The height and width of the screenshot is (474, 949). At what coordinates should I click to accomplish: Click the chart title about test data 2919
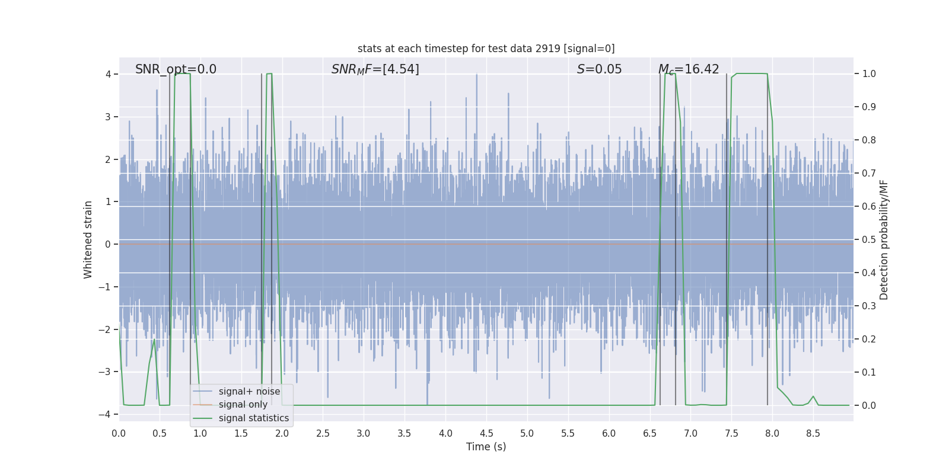(x=486, y=49)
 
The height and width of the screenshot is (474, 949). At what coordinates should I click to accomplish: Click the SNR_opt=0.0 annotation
(x=176, y=69)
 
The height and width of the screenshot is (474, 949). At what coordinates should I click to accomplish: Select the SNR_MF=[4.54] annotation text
(x=375, y=69)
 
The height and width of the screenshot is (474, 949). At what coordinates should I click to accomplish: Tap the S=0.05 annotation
(x=599, y=69)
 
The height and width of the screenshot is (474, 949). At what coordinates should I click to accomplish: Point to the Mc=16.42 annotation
(x=688, y=69)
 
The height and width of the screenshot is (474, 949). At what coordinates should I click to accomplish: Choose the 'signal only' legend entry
(x=243, y=405)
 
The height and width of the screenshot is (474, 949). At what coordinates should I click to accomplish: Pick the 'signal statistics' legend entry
(x=253, y=418)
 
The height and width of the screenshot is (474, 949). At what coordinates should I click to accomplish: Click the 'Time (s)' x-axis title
(x=486, y=447)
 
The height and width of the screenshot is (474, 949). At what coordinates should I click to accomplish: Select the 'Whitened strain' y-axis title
(x=88, y=240)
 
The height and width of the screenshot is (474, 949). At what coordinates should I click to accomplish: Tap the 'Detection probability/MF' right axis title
(x=884, y=240)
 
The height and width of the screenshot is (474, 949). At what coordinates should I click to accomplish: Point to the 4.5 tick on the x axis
(x=486, y=433)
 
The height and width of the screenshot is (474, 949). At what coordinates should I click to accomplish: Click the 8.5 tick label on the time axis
(x=813, y=433)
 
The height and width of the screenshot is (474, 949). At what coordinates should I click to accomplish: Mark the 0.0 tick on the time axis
(x=119, y=433)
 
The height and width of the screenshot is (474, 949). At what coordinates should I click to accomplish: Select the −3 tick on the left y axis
(x=107, y=372)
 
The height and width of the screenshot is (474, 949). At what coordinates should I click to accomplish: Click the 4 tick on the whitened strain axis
(x=109, y=74)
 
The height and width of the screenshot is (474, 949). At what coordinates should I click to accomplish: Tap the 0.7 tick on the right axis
(x=869, y=174)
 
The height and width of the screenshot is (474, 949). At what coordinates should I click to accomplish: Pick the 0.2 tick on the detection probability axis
(x=869, y=340)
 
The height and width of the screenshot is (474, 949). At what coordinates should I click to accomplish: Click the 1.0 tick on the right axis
(x=869, y=74)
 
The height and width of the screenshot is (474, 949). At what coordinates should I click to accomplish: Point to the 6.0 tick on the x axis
(x=609, y=433)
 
